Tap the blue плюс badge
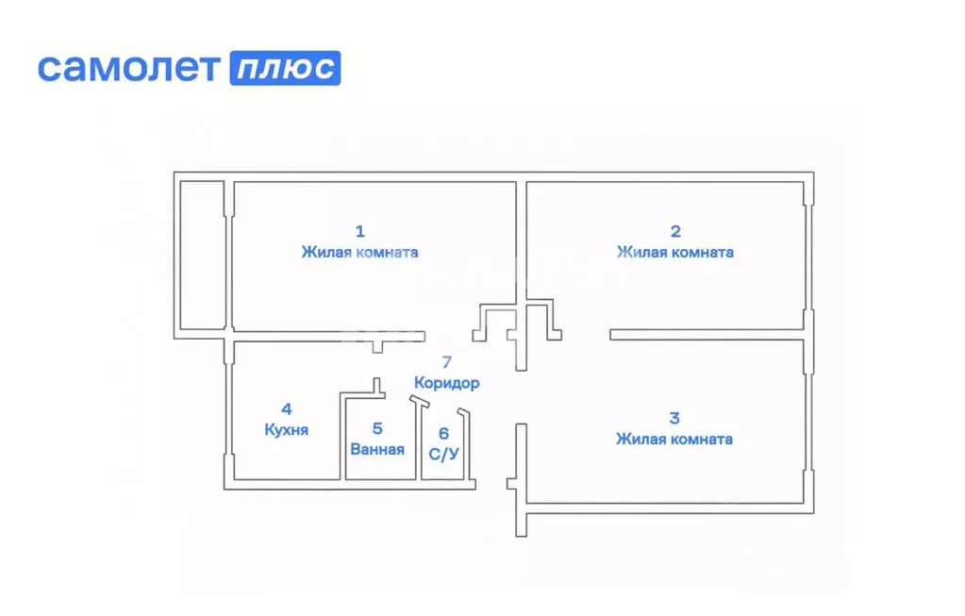285,68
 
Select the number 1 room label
359,230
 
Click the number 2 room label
674,230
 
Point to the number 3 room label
674,417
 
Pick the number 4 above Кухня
286,409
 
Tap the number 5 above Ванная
376,428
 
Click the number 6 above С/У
444,434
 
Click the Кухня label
286,430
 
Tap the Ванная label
376,449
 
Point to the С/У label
444,454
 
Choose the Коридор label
447,383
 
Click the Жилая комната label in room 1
359,252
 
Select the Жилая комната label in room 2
674,252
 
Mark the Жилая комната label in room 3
674,439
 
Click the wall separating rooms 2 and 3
707,334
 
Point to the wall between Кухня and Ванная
341,439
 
